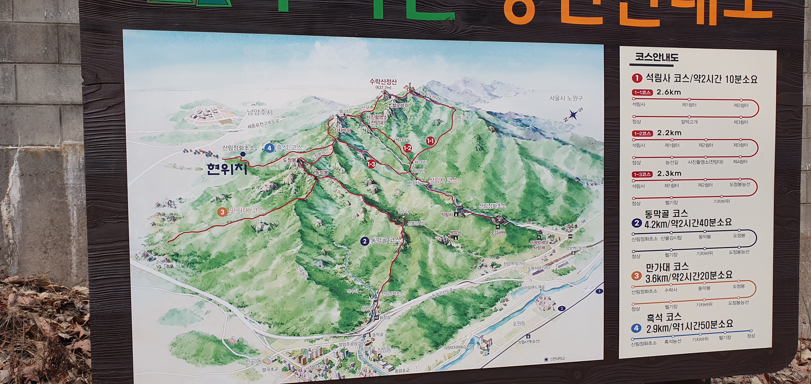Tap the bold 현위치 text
(x=227, y=169)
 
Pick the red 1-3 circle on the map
(x=371, y=164)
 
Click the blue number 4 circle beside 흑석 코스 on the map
(x=269, y=148)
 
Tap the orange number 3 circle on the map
(x=222, y=212)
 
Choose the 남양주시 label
(x=260, y=112)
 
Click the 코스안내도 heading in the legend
(x=656, y=57)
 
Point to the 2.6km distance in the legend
(x=669, y=92)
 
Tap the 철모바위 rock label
(x=400, y=105)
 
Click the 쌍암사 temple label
(x=455, y=232)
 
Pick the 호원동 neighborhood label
(x=519, y=323)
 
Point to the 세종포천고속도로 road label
(x=263, y=124)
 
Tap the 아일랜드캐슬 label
(x=534, y=287)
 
